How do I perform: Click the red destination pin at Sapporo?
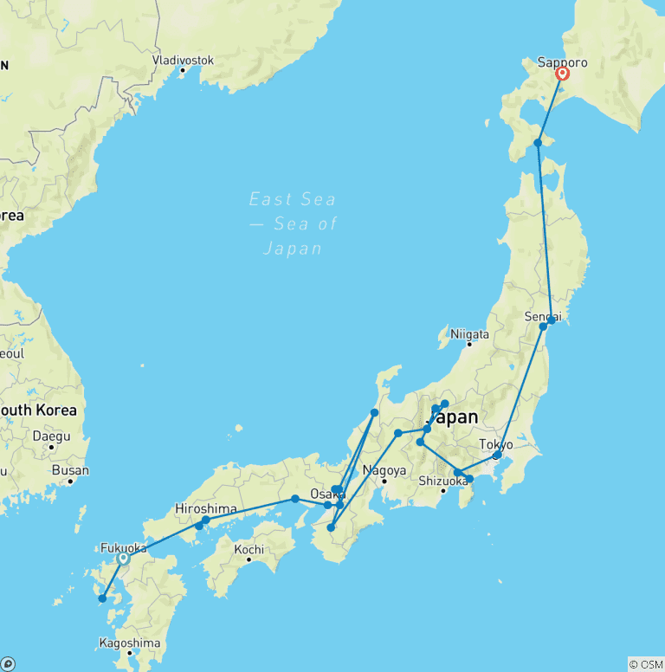click(562, 74)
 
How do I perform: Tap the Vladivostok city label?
click(183, 60)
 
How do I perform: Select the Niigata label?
click(469, 334)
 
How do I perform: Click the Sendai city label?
click(544, 317)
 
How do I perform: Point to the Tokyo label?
click(497, 444)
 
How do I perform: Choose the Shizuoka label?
click(442, 481)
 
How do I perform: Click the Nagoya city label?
click(385, 471)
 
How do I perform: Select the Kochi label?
click(249, 550)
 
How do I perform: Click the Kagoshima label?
click(130, 643)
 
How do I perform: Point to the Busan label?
click(70, 470)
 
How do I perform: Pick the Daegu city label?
click(51, 436)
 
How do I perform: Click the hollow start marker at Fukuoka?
click(123, 559)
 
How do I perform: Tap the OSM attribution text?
click(646, 664)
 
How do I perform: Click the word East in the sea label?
click(268, 199)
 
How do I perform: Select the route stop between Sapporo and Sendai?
click(538, 143)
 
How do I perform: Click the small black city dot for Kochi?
click(249, 560)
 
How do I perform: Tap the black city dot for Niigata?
click(469, 345)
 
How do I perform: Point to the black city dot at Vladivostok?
click(183, 70)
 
